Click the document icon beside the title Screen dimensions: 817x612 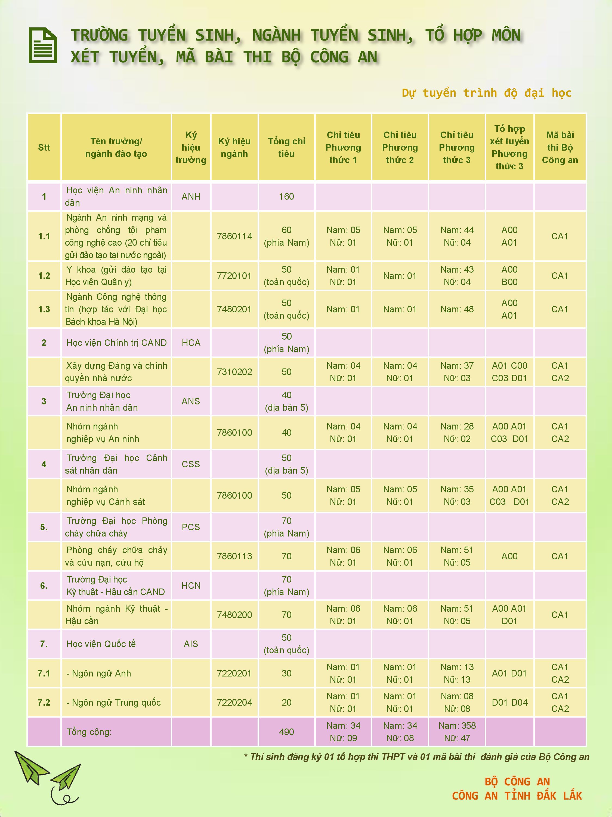pos(43,45)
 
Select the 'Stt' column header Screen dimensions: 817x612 pos(44,147)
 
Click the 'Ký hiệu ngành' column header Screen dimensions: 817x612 pos(234,147)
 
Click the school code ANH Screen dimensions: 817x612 pos(191,197)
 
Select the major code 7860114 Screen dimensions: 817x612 pos(234,236)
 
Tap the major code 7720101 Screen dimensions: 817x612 pos(234,276)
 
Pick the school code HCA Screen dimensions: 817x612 pos(191,343)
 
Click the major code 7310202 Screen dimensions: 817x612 pos(234,372)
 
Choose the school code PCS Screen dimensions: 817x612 pos(191,527)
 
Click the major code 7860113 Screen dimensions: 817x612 pos(234,556)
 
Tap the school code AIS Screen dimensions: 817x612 pos(191,644)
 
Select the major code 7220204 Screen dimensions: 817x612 pos(234,703)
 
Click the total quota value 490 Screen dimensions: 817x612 pos(286,732)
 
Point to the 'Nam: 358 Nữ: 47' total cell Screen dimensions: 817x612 pos(457,732)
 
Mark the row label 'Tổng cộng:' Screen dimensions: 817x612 pos(89,732)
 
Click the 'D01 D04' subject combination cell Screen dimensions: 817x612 pos(509,703)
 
